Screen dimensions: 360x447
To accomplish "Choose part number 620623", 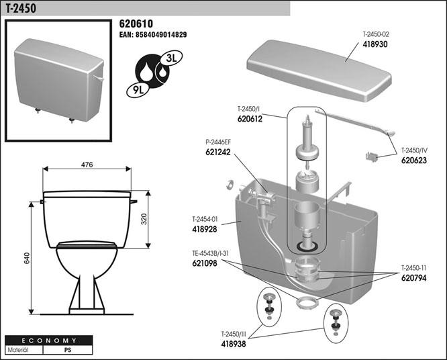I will [415, 161].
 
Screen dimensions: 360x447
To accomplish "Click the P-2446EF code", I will [218, 143].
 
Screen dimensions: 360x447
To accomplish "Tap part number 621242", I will [219, 153].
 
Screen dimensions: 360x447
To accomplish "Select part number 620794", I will [415, 277].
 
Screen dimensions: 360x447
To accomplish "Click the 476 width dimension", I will [87, 165].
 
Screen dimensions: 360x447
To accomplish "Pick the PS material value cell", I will [67, 350].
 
